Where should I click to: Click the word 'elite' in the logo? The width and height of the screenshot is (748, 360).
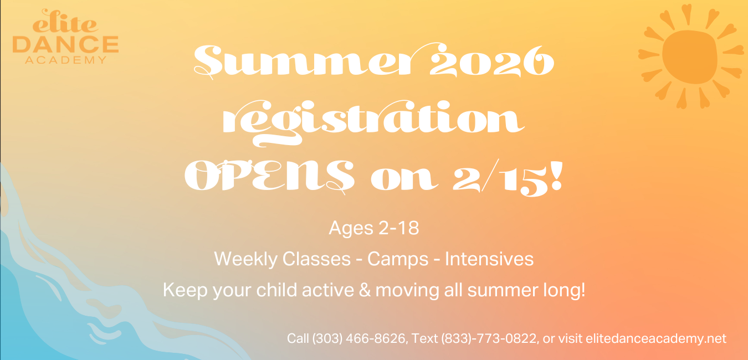pos(65,22)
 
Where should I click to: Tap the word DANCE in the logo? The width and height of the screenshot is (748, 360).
pos(65,45)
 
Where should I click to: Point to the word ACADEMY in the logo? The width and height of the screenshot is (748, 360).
pos(66,60)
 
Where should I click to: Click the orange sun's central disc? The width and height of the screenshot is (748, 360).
pos(690,56)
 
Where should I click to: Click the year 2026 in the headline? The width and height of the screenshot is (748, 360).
pos(491,61)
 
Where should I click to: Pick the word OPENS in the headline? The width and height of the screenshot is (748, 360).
pos(269,176)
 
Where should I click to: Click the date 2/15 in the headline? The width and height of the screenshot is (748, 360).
pos(500,177)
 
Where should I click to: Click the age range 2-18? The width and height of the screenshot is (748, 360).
pos(399,228)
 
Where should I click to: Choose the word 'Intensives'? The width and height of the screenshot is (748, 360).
pos(489,259)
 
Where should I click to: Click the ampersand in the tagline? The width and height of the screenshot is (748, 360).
pos(365,290)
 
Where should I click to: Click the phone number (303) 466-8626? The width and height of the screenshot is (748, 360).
pos(359,338)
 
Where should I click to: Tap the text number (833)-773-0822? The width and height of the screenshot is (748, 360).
pos(489,338)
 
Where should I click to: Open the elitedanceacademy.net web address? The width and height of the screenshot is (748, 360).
pos(656,338)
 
